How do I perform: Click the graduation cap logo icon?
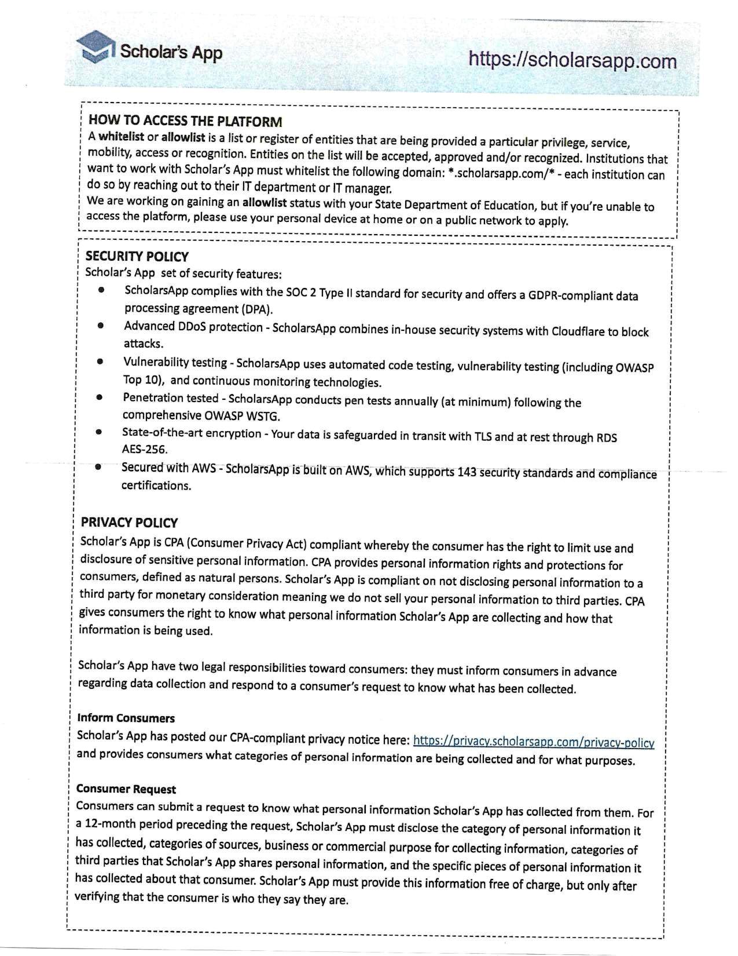click(94, 47)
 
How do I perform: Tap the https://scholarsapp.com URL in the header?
click(572, 60)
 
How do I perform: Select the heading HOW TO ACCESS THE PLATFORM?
click(185, 121)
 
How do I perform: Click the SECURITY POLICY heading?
click(137, 256)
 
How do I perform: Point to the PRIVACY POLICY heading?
click(129, 522)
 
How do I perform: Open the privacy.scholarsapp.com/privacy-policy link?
click(534, 741)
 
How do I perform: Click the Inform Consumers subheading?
click(126, 718)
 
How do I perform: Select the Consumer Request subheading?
click(126, 789)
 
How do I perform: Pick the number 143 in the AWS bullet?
click(468, 472)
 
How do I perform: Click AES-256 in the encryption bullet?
click(145, 449)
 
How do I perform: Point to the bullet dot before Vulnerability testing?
click(100, 362)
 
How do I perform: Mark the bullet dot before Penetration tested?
click(100, 397)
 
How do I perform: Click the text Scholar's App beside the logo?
click(171, 52)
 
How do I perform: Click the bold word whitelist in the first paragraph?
click(122, 137)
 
